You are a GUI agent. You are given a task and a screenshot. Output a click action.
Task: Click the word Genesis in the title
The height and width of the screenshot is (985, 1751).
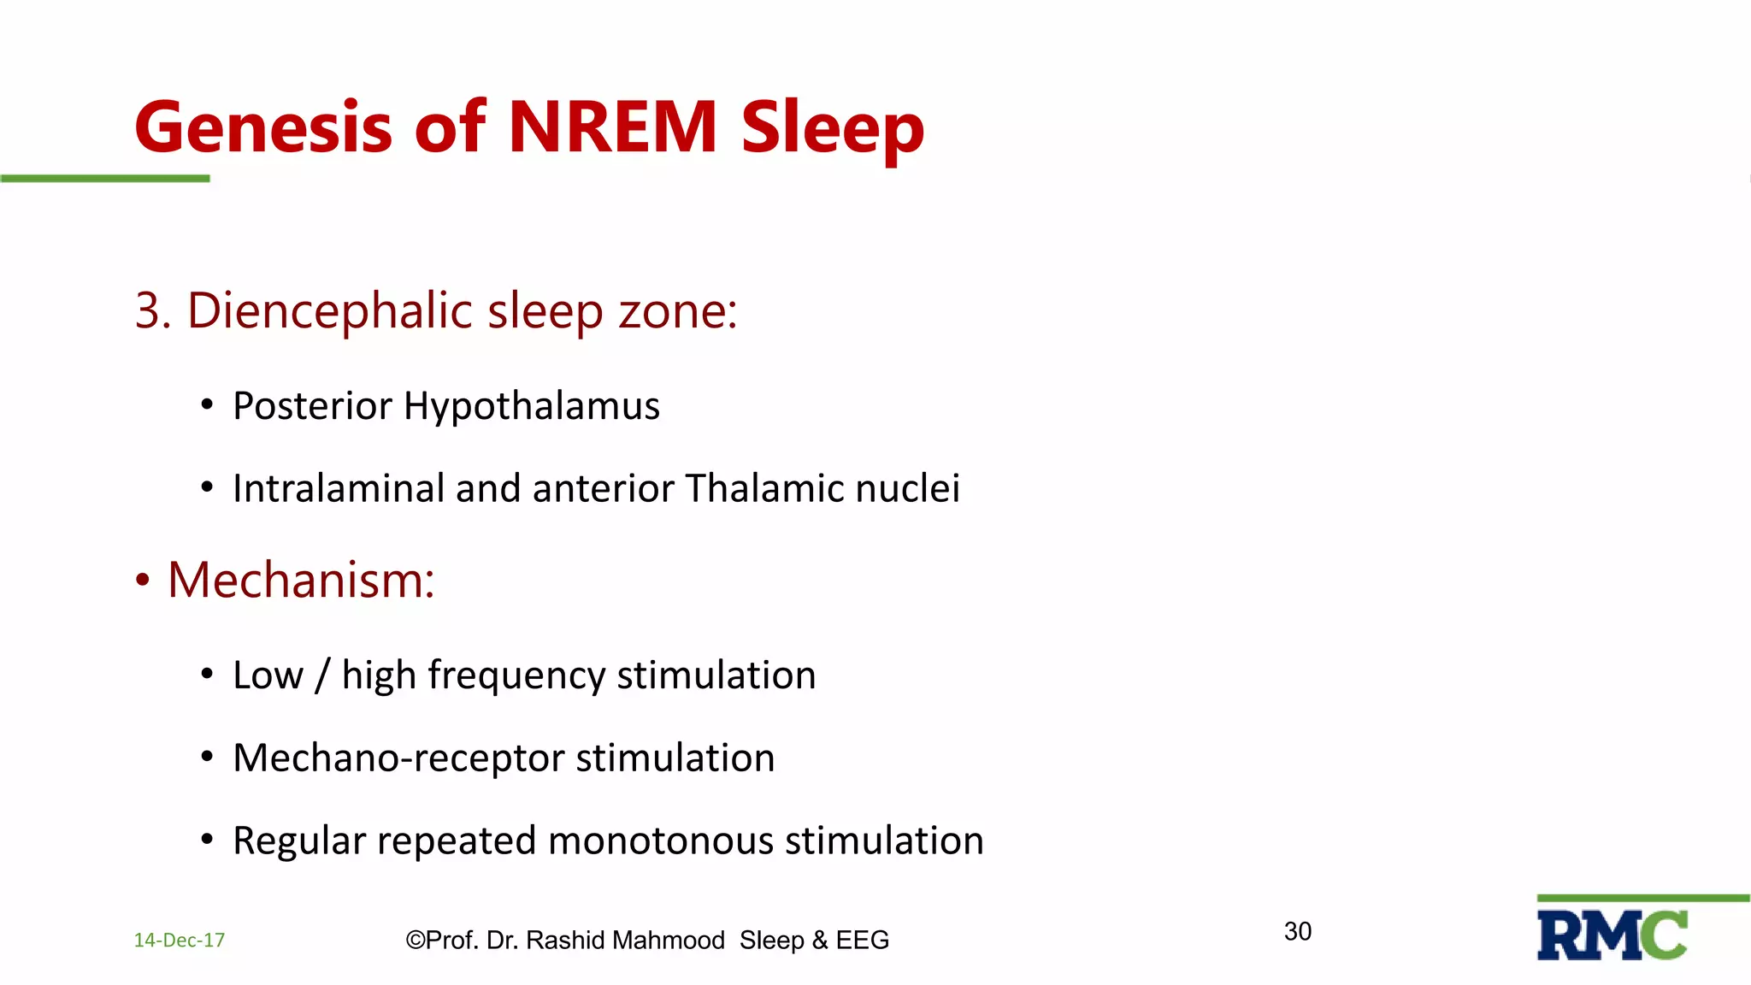[262, 128]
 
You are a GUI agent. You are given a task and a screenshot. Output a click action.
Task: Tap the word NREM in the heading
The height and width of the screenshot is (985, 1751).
[612, 128]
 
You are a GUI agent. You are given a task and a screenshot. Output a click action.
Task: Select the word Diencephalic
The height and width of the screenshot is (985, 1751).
[329, 310]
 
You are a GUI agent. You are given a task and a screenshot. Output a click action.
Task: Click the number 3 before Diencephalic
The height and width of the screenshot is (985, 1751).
[148, 310]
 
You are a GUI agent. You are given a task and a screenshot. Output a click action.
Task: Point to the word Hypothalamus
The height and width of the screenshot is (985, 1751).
[531, 406]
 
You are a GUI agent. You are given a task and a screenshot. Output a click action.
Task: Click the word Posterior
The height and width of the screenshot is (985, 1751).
[312, 406]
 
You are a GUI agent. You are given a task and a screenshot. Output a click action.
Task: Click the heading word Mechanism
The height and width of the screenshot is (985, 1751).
[300, 581]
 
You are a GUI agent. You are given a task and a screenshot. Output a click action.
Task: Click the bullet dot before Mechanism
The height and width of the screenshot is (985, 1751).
[143, 581]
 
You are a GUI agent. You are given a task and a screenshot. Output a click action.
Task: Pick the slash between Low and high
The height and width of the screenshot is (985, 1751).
[322, 675]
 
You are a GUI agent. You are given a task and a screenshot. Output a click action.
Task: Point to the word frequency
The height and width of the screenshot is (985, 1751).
[516, 675]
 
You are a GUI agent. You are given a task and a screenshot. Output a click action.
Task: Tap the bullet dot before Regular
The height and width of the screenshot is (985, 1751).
[207, 840]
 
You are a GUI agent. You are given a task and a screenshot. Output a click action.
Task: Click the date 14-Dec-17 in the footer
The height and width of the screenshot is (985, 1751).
[180, 941]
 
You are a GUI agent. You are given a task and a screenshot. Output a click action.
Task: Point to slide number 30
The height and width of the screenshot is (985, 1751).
[1297, 931]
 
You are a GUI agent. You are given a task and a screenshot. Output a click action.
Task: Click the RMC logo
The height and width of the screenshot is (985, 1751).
[1612, 935]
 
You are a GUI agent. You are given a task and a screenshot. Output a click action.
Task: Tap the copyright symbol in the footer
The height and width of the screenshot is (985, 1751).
[415, 941]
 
